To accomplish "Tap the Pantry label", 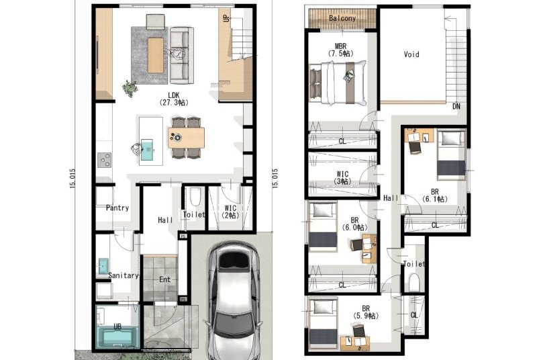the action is coord(117,208).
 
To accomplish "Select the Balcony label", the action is coord(342,18).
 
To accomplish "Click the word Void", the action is coord(411,54).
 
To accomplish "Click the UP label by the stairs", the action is coord(226,17).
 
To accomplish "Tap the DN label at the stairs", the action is coord(456,107).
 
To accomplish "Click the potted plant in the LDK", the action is coord(130,89).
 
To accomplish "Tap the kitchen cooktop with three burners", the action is coord(104,160).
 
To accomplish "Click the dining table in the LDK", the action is coord(186,138).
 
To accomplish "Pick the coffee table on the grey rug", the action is coord(156,55).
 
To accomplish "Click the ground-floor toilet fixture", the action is coord(195,197).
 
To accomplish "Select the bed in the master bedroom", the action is coord(338,83).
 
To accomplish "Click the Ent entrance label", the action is coord(164,279).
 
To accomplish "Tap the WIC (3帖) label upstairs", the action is coord(342,178).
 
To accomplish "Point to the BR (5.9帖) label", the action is coord(365,312).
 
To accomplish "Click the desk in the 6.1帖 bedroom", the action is coord(419,135).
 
